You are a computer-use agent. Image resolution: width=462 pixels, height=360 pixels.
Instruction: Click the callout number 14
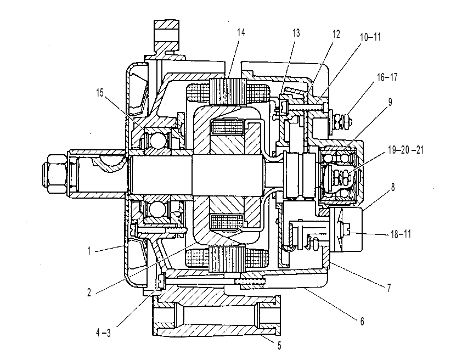[x=241, y=32]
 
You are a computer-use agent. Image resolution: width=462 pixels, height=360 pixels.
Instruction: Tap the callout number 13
[x=296, y=33]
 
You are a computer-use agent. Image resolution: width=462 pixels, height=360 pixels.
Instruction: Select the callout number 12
[x=336, y=34]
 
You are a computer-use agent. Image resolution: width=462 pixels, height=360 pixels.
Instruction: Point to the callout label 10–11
[x=370, y=37]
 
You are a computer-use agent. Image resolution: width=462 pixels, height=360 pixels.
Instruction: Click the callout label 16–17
[x=387, y=77]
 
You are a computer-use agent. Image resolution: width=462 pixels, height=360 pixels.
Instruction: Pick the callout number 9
[x=390, y=102]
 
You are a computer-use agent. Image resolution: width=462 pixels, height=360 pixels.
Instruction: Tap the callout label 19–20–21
[x=405, y=150]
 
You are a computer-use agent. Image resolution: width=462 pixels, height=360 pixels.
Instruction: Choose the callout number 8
[x=393, y=187]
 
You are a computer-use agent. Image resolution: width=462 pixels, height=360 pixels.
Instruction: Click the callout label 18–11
[x=401, y=234]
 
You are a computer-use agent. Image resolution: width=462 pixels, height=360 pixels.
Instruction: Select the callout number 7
[x=389, y=288]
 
